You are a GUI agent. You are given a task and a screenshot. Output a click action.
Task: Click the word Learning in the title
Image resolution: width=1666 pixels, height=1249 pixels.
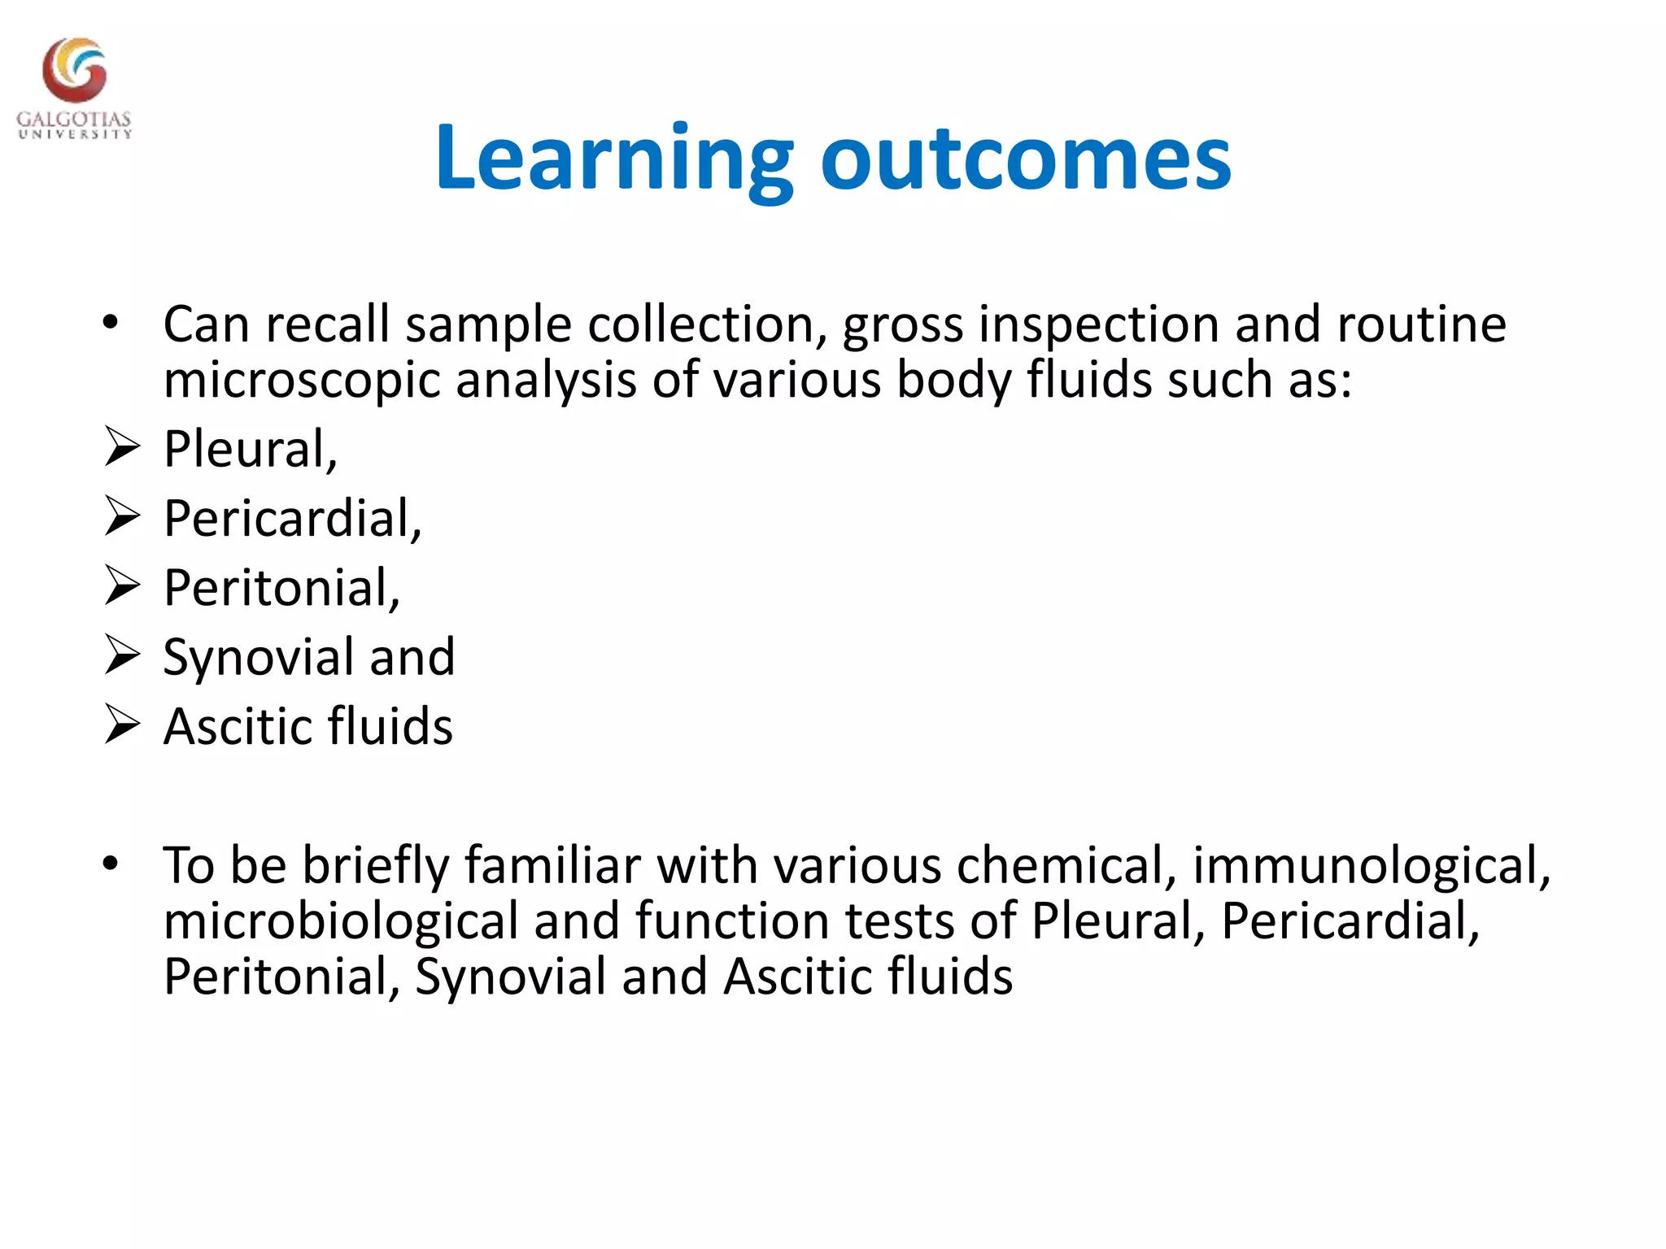pos(614,159)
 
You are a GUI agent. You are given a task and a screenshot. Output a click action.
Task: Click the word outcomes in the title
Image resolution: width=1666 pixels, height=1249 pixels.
pos(1026,159)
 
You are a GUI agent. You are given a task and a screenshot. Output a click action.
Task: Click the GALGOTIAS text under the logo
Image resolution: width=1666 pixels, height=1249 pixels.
pos(74,120)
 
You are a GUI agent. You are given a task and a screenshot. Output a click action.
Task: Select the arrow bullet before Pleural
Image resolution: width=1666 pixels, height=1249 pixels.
pos(122,448)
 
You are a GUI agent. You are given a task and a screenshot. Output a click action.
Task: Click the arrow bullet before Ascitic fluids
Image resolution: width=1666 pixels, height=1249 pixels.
pos(122,725)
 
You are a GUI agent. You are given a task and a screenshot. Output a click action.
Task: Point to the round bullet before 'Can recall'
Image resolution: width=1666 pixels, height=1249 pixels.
pos(111,324)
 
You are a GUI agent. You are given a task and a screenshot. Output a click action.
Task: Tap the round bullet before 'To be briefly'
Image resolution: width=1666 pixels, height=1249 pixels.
pos(111,864)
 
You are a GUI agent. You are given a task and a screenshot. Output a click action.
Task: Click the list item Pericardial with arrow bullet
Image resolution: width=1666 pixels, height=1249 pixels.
pos(292,518)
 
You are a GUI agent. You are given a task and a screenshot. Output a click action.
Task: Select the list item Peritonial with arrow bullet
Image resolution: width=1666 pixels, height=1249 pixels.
pos(281,587)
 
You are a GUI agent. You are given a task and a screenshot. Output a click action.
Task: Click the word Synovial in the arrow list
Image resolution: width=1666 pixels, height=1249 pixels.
pos(258,656)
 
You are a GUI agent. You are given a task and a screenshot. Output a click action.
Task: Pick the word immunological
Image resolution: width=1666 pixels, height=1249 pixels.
pos(1371,865)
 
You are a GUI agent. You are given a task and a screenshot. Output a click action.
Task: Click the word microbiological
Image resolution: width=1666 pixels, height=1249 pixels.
pos(340,921)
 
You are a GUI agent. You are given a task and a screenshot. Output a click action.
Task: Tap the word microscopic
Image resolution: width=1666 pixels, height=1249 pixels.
pos(302,380)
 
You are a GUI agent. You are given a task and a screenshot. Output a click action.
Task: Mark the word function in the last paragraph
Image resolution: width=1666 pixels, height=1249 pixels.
pos(731,921)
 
